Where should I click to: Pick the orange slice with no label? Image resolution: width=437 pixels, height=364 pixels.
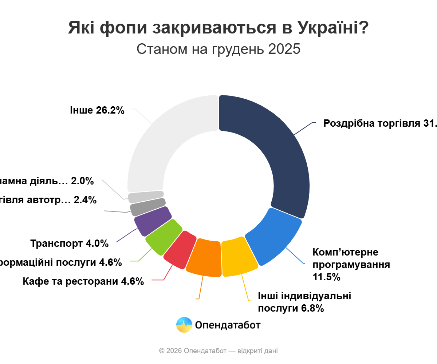tap(205, 258)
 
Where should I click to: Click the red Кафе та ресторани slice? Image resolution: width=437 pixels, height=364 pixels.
tap(180, 250)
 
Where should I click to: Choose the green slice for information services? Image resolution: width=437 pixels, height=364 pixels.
tap(164, 237)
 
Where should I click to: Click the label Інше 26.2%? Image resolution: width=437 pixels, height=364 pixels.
tap(97, 110)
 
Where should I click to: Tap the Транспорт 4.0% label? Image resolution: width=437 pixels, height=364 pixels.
tap(69, 243)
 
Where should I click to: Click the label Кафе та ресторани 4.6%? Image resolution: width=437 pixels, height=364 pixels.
tap(83, 281)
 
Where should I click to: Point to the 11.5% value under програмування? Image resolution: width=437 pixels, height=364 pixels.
tap(326, 277)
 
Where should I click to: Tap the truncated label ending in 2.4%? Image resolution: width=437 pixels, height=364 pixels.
tap(47, 200)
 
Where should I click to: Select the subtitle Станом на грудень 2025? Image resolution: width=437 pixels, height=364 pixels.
tap(219, 49)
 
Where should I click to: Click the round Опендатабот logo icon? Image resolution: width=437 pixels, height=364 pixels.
tap(184, 325)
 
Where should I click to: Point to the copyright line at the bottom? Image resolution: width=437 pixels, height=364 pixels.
tap(219, 351)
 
